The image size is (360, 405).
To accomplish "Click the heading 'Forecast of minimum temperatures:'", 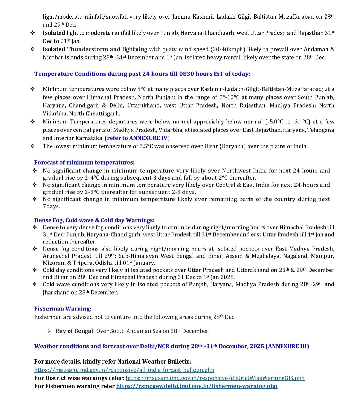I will pos(84,162).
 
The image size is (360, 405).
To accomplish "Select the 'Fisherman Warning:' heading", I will pos(63,309).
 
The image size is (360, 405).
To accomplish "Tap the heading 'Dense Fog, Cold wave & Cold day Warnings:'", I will pos(94,220).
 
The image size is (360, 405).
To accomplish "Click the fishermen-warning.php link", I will pos(197,386).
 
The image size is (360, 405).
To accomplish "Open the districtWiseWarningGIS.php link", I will pos(215,378).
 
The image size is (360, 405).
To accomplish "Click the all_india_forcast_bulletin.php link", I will pos(124,370).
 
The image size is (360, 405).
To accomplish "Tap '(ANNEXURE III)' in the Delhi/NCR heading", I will pos(287,346).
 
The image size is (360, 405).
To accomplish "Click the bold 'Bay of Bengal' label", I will pos(75,331).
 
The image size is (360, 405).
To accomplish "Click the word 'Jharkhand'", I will pos(56,292).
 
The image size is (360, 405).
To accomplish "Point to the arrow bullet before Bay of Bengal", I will pos(49,331).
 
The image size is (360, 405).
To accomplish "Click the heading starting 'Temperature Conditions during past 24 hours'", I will pos(142,74).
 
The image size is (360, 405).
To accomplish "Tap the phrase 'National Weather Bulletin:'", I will pos(167,361).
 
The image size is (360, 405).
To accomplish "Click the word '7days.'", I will pos(51,206).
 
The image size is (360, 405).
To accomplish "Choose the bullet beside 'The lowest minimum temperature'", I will pos(33,146).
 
